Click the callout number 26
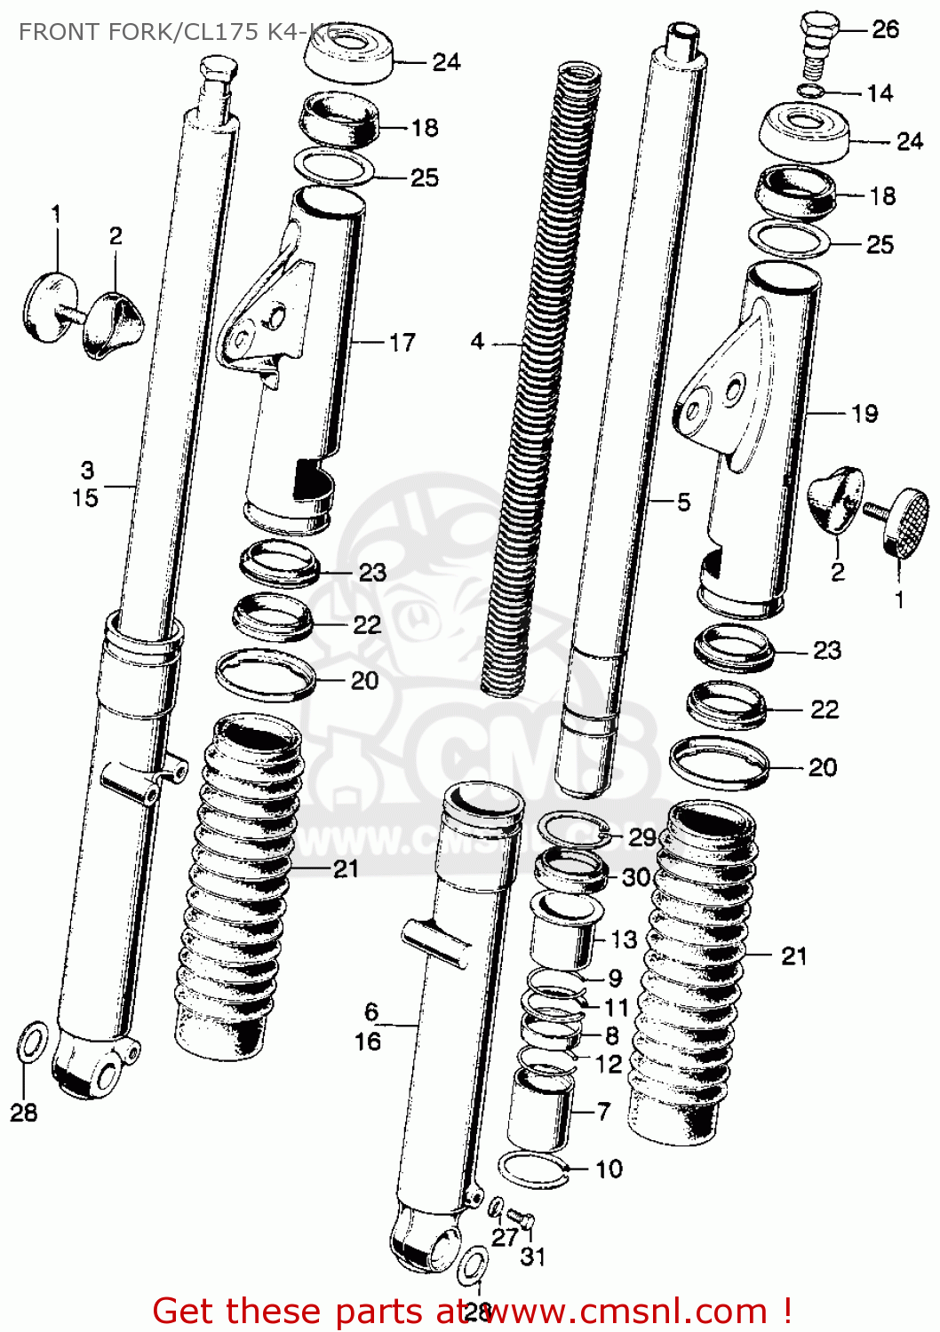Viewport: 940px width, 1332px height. click(885, 29)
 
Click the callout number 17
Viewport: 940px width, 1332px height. click(402, 342)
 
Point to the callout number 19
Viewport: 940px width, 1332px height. click(864, 413)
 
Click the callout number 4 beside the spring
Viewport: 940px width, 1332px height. click(477, 341)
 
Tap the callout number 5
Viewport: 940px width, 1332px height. click(683, 502)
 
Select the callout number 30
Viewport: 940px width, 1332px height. click(636, 877)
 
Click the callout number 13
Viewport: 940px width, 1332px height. click(624, 939)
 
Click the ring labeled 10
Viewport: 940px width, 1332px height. click(533, 1168)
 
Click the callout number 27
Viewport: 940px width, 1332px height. click(504, 1237)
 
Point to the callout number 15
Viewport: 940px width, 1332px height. click(85, 497)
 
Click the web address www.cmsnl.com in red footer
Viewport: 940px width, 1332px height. click(622, 1311)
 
